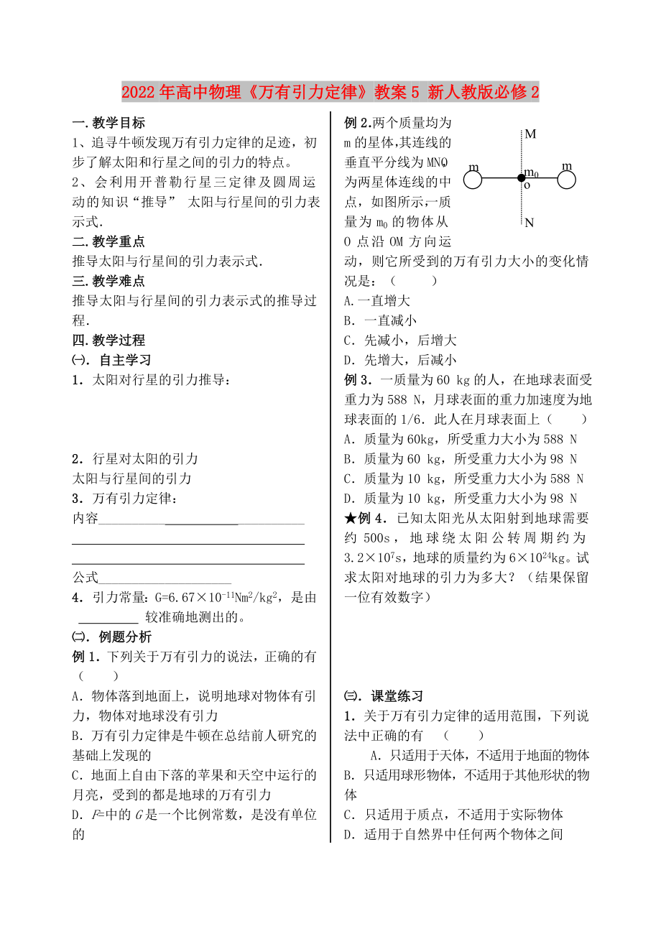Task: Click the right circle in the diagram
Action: tap(567, 179)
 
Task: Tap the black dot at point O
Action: tap(521, 177)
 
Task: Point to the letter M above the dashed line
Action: tap(530, 134)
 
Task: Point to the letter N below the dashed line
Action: tap(530, 223)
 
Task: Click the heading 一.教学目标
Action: tap(108, 123)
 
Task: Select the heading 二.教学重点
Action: tap(108, 242)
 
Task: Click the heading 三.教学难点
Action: tap(108, 282)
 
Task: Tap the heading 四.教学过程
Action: tap(108, 341)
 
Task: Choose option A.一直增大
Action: tap(377, 302)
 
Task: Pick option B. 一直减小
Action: tap(380, 321)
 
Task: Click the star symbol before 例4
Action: tap(351, 518)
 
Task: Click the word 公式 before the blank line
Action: tap(85, 577)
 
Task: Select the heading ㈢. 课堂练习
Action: tap(384, 696)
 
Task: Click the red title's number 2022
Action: tap(138, 93)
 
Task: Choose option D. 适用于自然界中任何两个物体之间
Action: tap(453, 834)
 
